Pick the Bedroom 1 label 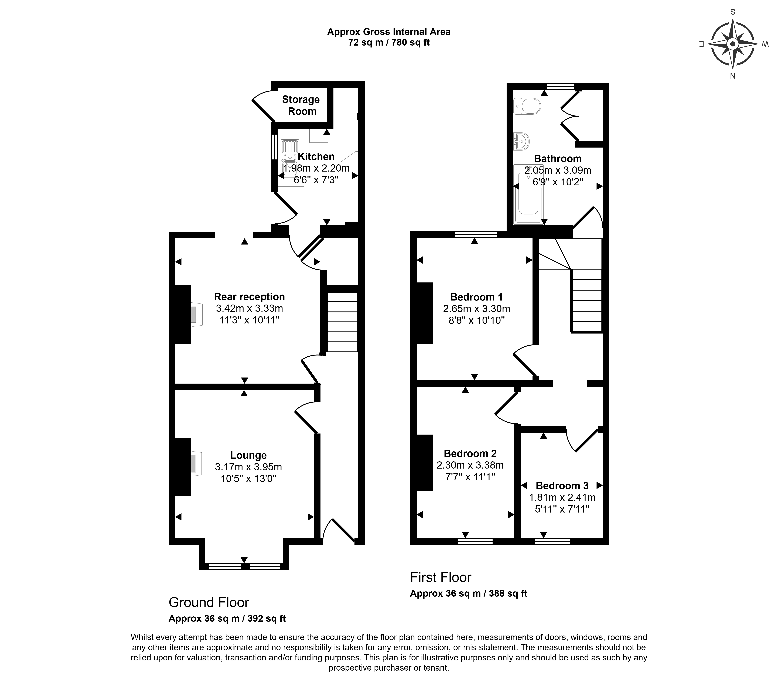point(476,297)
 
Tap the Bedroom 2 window point(475,541)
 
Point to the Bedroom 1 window point(476,234)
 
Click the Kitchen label point(316,156)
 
